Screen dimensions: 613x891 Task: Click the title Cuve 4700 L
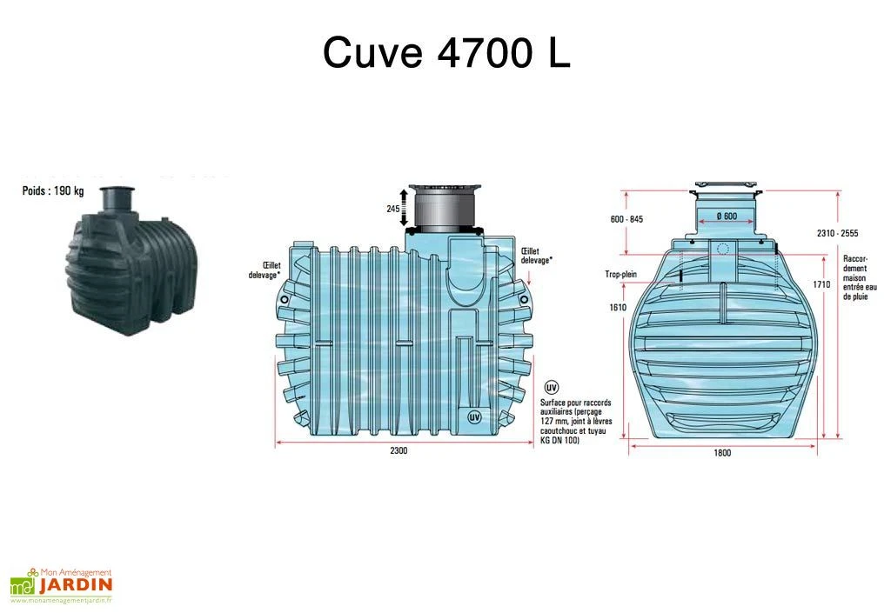click(x=446, y=53)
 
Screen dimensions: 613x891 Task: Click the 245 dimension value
click(x=392, y=209)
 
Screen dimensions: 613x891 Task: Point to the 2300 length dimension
click(x=399, y=450)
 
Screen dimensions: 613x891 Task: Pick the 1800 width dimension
click(x=722, y=452)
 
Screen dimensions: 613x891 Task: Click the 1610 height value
click(x=617, y=307)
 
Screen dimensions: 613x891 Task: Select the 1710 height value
click(x=821, y=284)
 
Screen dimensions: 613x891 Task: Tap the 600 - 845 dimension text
click(x=626, y=219)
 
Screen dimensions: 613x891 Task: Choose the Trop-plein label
click(x=621, y=274)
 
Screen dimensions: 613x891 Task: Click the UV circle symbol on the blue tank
click(x=474, y=416)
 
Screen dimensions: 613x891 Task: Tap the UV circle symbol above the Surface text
click(x=551, y=387)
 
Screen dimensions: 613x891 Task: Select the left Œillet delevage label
click(x=265, y=270)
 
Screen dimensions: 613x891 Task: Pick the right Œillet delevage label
click(x=536, y=256)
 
